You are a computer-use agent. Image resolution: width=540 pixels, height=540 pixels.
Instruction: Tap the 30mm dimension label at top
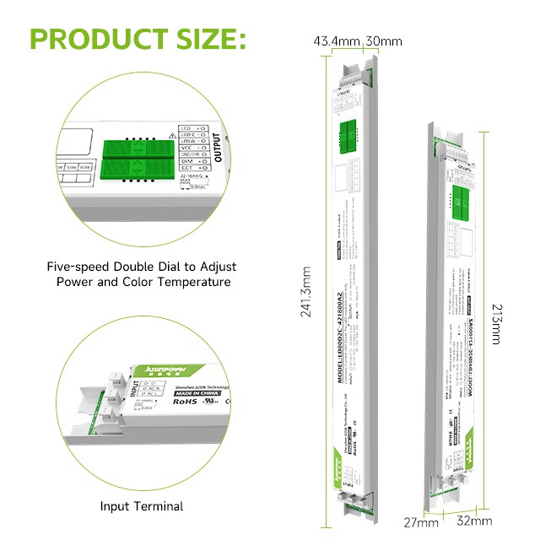(383, 41)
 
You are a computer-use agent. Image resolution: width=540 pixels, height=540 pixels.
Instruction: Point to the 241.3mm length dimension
(306, 290)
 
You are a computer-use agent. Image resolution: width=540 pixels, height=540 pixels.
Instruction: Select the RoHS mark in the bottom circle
(187, 402)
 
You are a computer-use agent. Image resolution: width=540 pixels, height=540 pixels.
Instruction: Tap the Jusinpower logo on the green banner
(159, 368)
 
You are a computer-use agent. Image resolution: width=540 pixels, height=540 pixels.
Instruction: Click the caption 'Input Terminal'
(142, 506)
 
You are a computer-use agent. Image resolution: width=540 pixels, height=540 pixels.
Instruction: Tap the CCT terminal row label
(186, 169)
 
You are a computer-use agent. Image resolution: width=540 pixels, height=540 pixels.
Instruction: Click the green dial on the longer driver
(348, 133)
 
